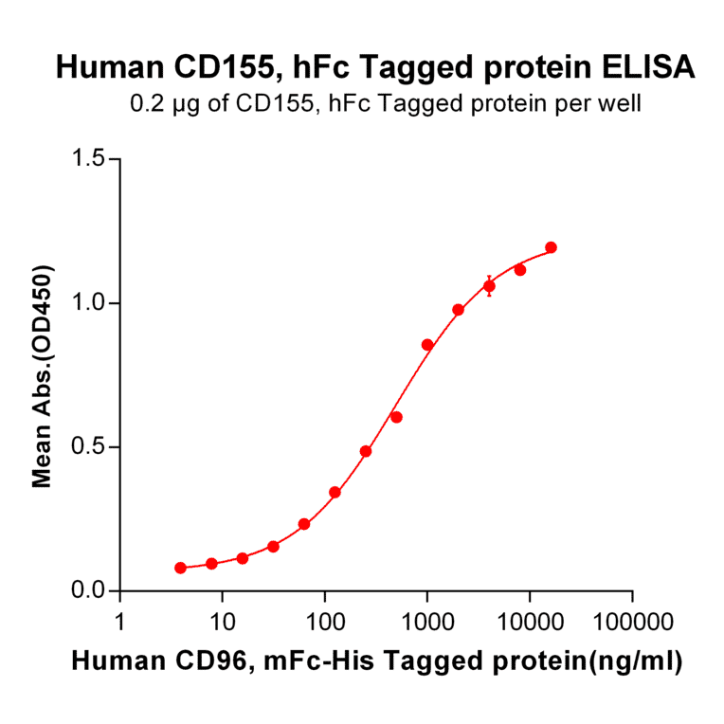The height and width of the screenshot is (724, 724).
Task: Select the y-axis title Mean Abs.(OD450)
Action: point(42,375)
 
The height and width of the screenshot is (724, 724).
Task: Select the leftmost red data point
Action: point(181,568)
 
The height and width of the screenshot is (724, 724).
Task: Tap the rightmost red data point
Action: point(551,247)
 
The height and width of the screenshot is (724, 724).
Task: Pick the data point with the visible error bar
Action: point(489,285)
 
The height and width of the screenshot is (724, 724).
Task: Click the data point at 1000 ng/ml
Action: point(427,345)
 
